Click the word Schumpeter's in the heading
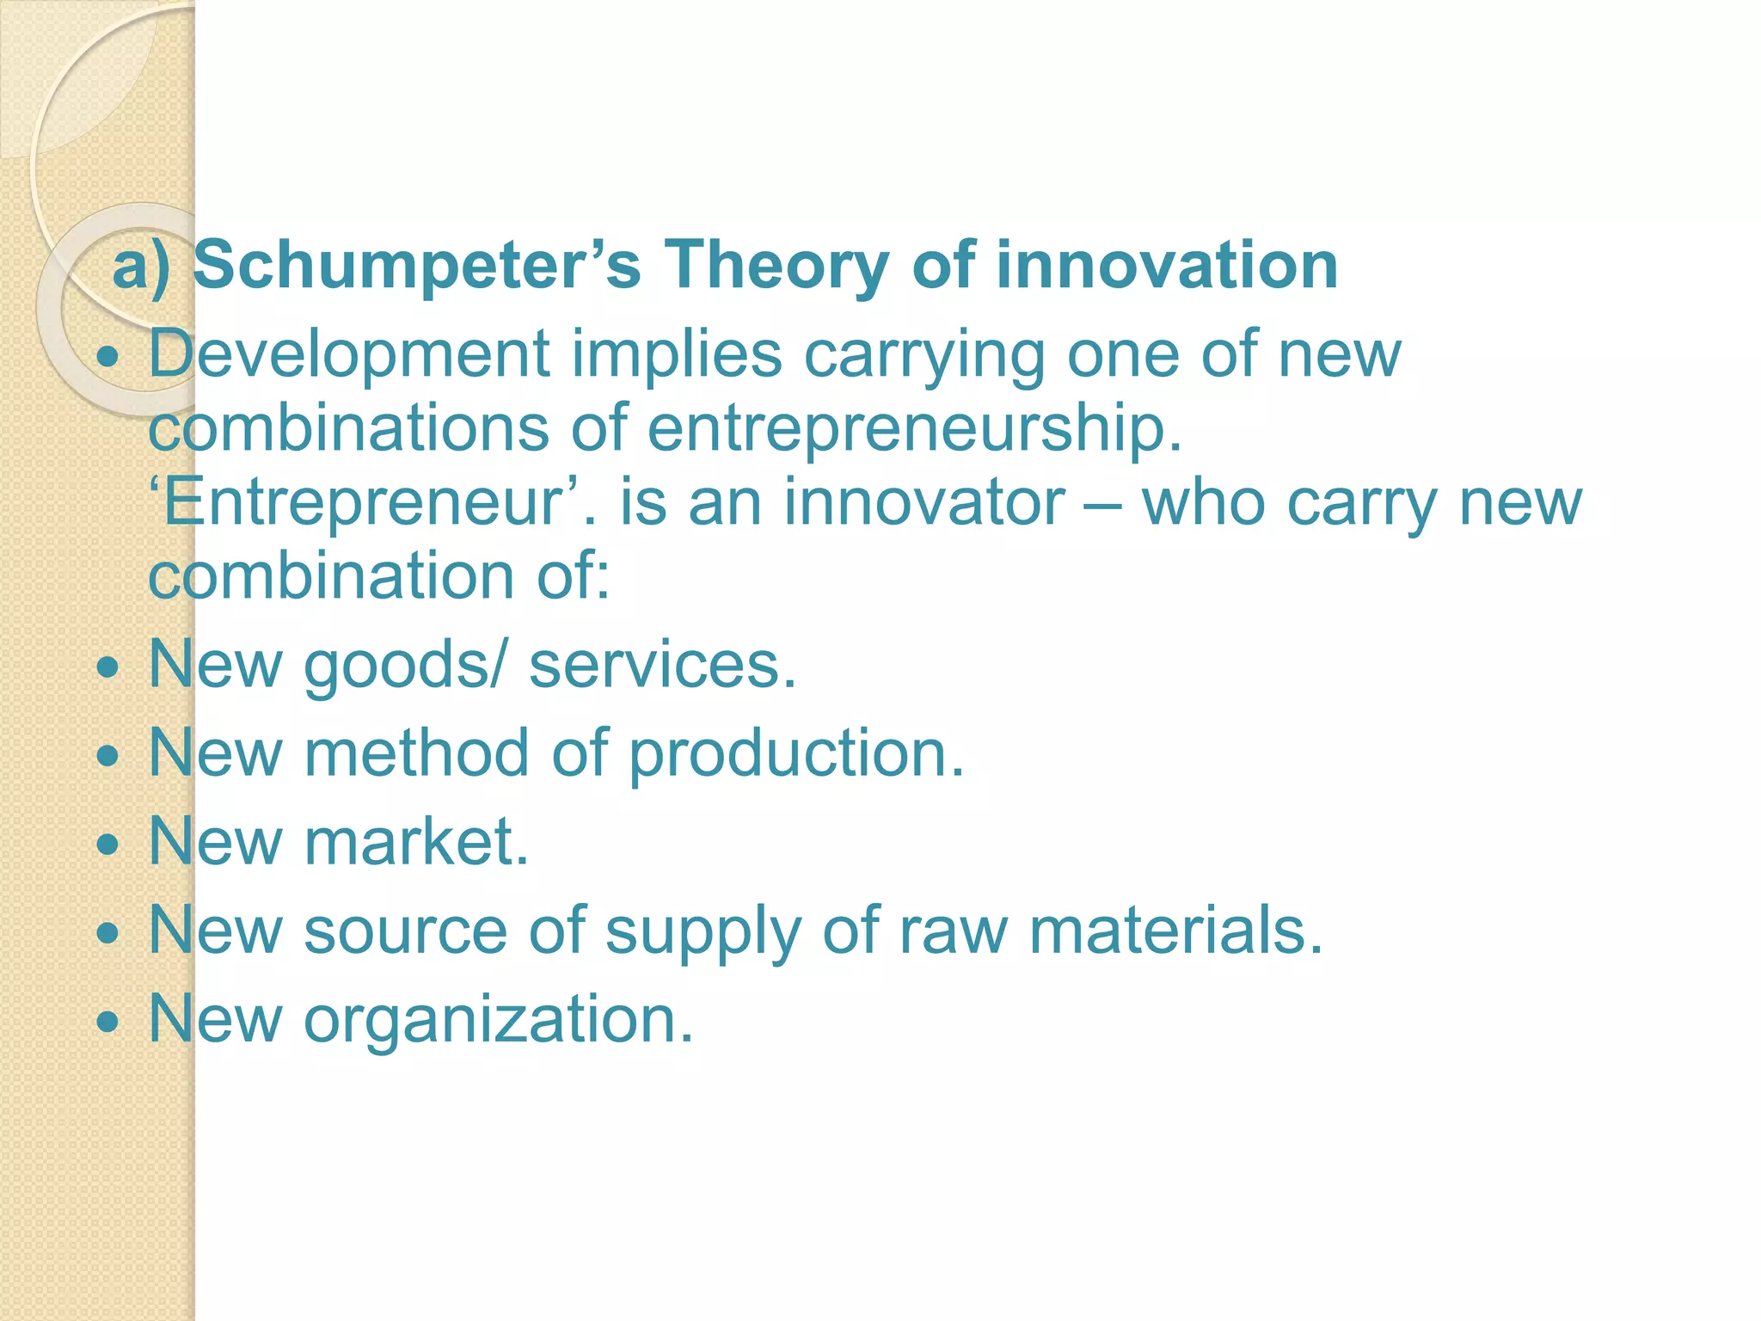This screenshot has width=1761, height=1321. point(417,265)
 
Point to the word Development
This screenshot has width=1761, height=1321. point(349,354)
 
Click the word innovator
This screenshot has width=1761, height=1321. point(923,502)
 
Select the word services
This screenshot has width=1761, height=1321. point(662,665)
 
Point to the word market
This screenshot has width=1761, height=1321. point(416,841)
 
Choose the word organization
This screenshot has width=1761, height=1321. point(498,1020)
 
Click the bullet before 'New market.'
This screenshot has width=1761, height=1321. point(108,845)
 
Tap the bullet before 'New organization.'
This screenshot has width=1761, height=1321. point(108,1022)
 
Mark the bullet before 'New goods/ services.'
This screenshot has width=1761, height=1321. point(108,667)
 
